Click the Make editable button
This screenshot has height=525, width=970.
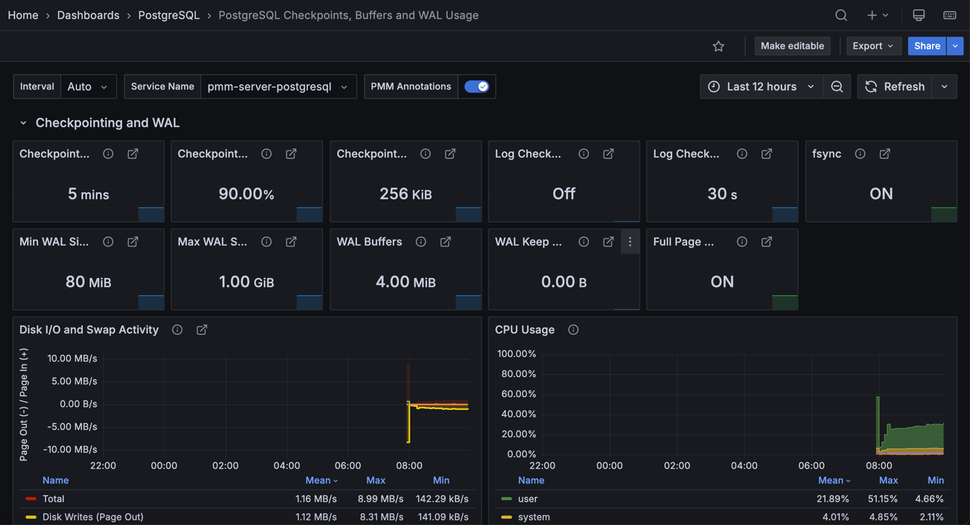pos(792,46)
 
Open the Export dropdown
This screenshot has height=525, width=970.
pos(872,46)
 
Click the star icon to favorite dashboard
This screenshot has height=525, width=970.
pos(718,46)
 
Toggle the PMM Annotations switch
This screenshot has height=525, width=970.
pos(477,86)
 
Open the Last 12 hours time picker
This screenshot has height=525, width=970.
pos(761,86)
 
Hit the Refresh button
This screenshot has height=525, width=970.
pos(895,86)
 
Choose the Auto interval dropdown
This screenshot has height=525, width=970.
pos(87,86)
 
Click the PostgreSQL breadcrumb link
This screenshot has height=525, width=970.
pos(169,15)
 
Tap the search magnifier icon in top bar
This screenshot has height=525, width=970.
pos(841,15)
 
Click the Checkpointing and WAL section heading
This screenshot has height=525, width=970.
pos(107,122)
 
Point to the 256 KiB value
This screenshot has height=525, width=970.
pos(405,194)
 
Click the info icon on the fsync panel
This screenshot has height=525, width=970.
pos(860,154)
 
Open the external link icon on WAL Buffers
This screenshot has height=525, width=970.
pos(445,242)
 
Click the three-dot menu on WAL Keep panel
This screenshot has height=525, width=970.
pos(630,242)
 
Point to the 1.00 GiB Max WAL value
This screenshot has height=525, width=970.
pos(246,282)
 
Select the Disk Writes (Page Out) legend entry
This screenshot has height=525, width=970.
pos(93,517)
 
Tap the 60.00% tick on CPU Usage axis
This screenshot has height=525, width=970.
pos(518,394)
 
